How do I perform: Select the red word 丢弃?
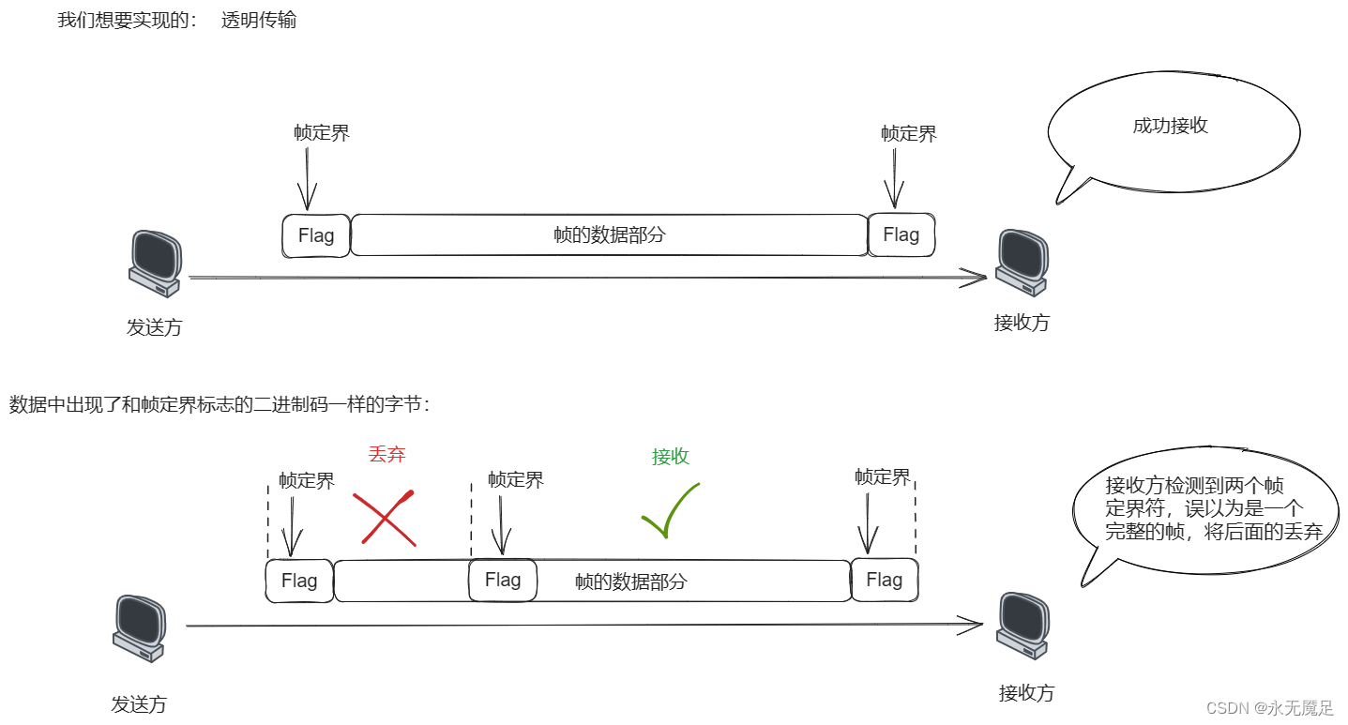(x=386, y=455)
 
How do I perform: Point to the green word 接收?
(x=671, y=457)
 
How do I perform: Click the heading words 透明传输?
(x=259, y=20)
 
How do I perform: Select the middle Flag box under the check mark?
(x=503, y=581)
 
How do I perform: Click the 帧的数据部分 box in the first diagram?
(x=609, y=235)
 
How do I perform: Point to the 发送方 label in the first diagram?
(x=154, y=327)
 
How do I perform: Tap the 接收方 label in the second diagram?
(x=1026, y=693)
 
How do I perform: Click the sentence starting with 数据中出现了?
(x=220, y=405)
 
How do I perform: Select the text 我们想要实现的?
(x=128, y=20)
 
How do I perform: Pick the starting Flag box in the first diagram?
(x=316, y=235)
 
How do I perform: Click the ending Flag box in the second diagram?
(x=884, y=581)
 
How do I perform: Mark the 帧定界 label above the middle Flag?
(x=515, y=480)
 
